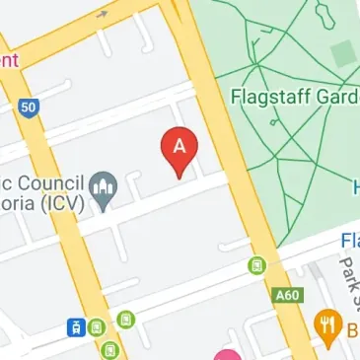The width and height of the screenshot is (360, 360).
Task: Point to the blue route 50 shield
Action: click(x=29, y=107)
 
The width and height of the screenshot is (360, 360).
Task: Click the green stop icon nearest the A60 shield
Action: click(x=257, y=265)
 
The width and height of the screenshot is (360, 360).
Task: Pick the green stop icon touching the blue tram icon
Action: click(x=96, y=326)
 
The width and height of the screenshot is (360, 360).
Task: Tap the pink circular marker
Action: click(x=229, y=355)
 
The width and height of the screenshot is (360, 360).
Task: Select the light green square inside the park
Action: click(x=342, y=53)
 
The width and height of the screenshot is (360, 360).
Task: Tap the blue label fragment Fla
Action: click(x=349, y=241)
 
